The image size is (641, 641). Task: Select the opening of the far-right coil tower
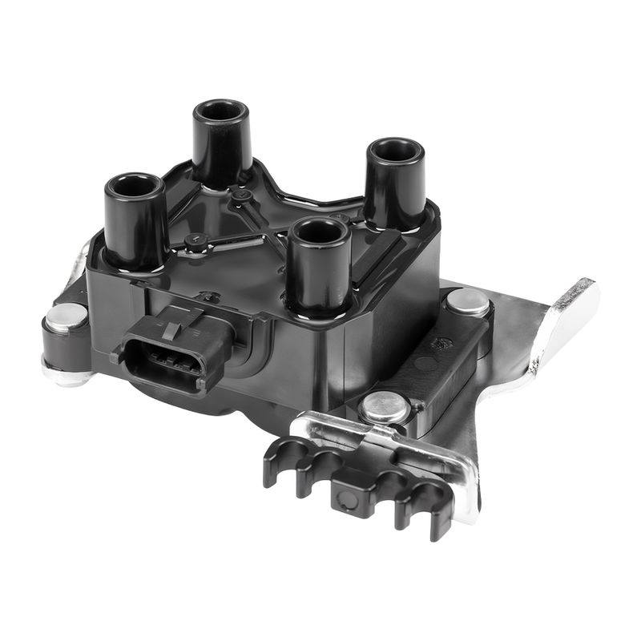pos(395,151)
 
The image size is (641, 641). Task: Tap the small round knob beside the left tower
pos(193,239)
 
